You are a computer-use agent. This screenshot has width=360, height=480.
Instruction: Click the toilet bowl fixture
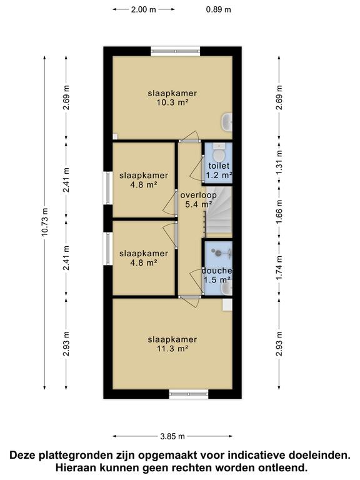tap(218, 152)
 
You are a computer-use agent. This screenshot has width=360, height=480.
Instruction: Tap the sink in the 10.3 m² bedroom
tap(226, 122)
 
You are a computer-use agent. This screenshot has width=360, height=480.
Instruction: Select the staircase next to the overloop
tap(219, 212)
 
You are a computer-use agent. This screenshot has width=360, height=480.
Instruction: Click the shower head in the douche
tap(218, 253)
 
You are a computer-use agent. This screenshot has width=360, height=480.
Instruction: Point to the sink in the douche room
tap(227, 288)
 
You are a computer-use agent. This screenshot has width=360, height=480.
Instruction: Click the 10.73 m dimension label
tap(45, 222)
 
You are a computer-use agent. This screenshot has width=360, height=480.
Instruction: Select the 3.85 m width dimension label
tap(172, 436)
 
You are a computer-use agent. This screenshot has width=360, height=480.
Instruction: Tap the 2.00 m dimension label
tap(144, 9)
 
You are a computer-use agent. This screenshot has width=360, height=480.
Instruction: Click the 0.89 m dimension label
tap(218, 9)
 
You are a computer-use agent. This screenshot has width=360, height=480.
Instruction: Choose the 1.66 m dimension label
tap(279, 212)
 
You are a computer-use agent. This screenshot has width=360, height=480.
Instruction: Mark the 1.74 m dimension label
tap(279, 269)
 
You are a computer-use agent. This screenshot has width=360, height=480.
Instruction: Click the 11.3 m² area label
tap(172, 348)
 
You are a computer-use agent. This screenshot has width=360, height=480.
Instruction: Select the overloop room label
tap(198, 195)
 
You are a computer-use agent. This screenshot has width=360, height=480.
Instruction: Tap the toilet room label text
tap(219, 166)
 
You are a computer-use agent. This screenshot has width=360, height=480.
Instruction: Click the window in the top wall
tap(176, 51)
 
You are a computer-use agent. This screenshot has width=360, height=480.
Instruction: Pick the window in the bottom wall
tap(189, 394)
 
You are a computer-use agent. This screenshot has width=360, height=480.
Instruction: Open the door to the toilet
tap(197, 169)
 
